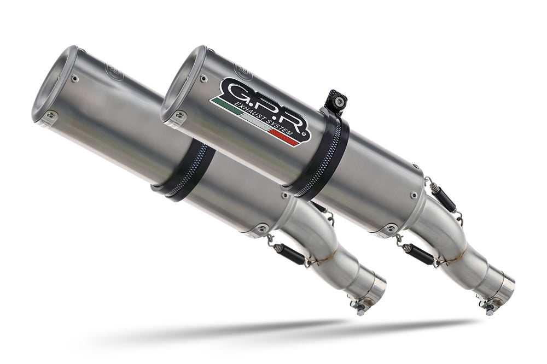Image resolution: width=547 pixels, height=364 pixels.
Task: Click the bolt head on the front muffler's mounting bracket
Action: coord(340,101)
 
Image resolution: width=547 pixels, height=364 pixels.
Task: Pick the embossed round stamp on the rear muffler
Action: coord(115,71)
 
